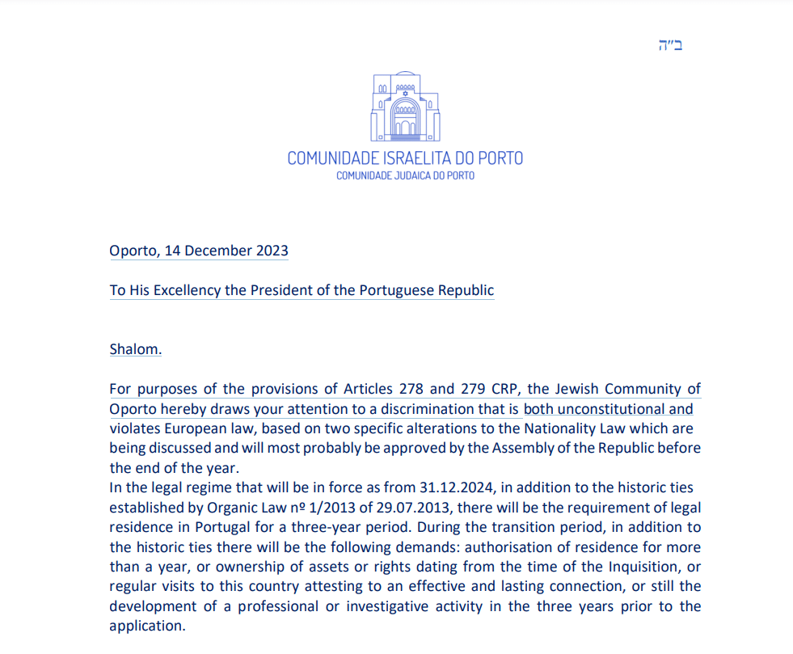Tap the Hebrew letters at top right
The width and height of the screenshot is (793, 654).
[671, 45]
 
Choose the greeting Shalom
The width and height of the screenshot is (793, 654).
[136, 349]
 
